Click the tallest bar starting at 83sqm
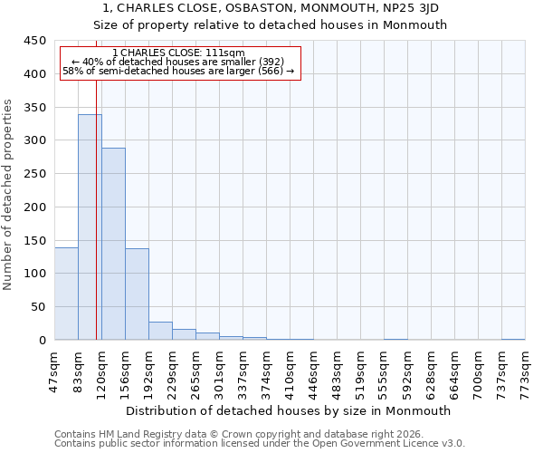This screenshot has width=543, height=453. (x=90, y=226)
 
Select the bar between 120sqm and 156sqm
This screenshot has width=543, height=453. (x=113, y=244)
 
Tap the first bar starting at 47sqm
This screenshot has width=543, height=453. (x=66, y=294)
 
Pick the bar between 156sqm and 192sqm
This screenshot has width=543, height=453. (x=137, y=294)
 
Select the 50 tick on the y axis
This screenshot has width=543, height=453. (x=38, y=307)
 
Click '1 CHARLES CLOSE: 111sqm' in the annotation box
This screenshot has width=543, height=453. (x=178, y=53)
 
